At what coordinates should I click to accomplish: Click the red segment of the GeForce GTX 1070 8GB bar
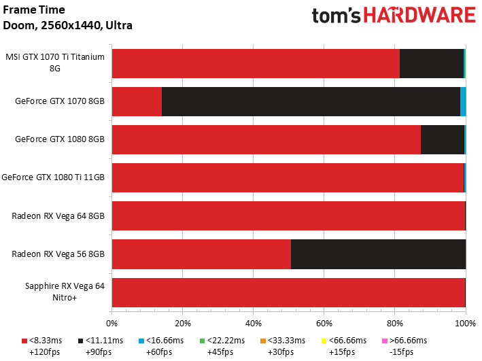[x=137, y=101]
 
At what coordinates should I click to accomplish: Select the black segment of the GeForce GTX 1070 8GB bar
[x=311, y=101]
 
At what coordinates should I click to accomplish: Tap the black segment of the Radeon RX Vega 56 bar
[x=378, y=254]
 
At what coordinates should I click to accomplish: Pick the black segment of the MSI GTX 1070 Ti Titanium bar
[x=432, y=63]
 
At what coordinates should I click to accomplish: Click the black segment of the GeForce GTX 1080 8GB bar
[x=443, y=139]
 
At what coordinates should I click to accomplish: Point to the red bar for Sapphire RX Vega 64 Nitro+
[x=289, y=292]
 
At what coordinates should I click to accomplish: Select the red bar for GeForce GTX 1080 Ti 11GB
[x=288, y=177]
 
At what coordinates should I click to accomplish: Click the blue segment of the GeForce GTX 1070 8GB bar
[x=463, y=101]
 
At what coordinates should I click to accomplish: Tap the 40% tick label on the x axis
[x=254, y=324]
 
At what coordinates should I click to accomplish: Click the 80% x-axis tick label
[x=395, y=324]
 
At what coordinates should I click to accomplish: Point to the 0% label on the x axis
[x=112, y=324]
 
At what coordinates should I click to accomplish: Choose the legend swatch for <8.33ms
[x=24, y=341]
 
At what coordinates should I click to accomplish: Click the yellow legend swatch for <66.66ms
[x=324, y=341]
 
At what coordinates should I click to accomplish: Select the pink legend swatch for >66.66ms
[x=384, y=341]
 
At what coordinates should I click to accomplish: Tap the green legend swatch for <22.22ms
[x=202, y=341]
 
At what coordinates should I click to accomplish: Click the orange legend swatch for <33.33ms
[x=263, y=341]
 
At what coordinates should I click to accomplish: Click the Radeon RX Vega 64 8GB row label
[x=58, y=216]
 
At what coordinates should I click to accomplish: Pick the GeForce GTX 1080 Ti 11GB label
[x=53, y=177]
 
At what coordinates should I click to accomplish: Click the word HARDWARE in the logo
[x=419, y=15]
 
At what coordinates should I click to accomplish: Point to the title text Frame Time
[x=34, y=10]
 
